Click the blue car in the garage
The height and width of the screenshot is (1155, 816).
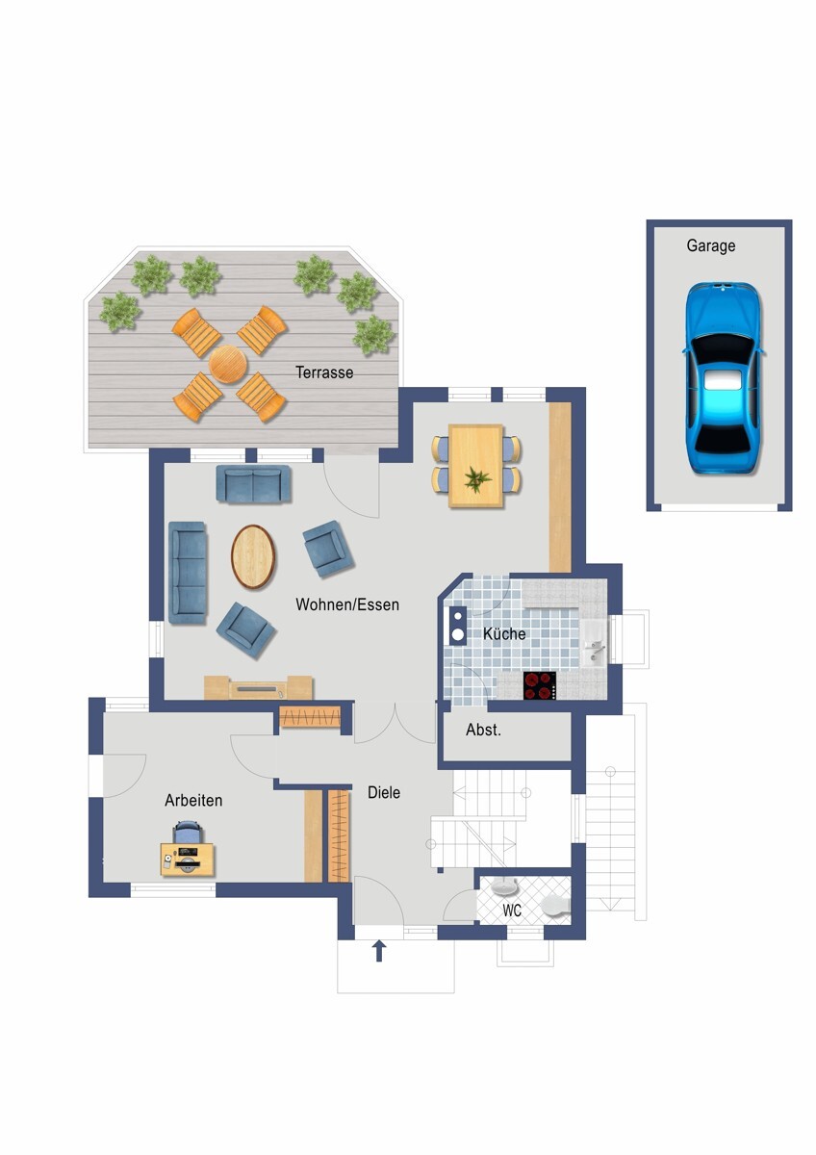pos(724,377)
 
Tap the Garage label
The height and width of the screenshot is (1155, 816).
pos(711,245)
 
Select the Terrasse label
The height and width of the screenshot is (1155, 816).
pos(324,372)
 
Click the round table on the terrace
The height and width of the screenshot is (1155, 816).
pos(228,364)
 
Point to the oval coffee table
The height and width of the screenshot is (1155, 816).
pos(253,557)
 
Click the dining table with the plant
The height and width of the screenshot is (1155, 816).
pos(475,466)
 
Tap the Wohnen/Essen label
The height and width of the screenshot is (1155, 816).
pos(347,604)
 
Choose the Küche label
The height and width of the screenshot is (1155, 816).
pos(504,633)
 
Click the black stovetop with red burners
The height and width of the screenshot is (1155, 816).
pos(540,685)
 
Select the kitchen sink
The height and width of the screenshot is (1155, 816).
pos(595,642)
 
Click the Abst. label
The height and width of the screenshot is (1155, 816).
pos(483,730)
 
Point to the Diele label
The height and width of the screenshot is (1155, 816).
pos(384,792)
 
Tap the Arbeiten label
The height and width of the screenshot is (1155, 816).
pos(193,800)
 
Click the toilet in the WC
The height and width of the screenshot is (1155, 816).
pos(555,905)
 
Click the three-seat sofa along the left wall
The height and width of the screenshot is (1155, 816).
pos(188,573)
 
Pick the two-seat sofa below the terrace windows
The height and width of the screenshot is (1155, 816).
pos(253,483)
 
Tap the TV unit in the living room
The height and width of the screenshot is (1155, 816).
pos(258,687)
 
